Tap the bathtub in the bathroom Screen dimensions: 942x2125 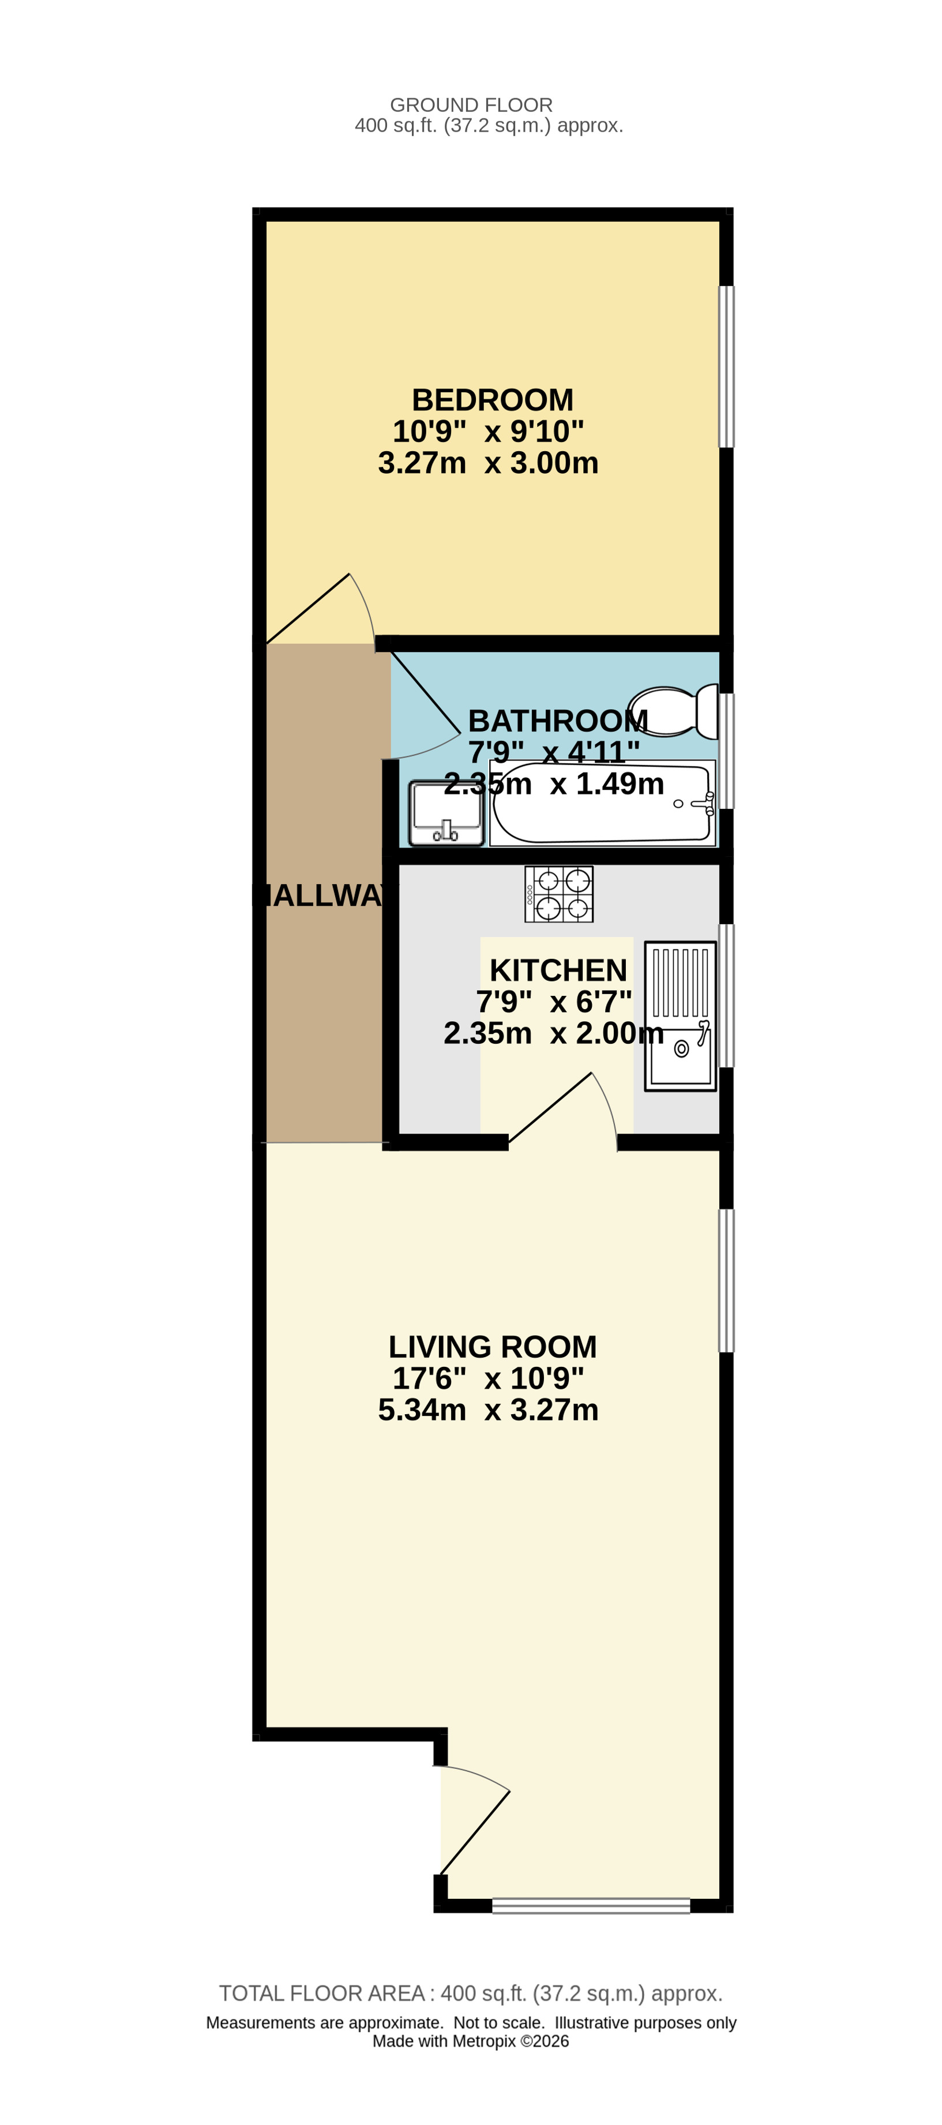point(602,803)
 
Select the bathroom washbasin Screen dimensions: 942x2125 point(446,814)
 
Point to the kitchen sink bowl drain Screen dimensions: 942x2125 point(681,1048)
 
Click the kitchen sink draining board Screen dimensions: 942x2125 point(681,983)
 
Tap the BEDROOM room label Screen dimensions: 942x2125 point(493,400)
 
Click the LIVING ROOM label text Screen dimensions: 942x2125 point(493,1347)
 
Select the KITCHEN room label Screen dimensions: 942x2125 point(558,970)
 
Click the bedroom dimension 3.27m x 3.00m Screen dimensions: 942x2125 point(489,463)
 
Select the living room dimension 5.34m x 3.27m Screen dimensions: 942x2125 point(489,1410)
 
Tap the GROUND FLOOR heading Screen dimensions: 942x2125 point(471,105)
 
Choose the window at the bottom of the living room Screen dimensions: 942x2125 point(591,1906)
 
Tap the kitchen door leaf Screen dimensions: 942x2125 point(549,1107)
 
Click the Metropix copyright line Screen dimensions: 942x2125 point(471,2041)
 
